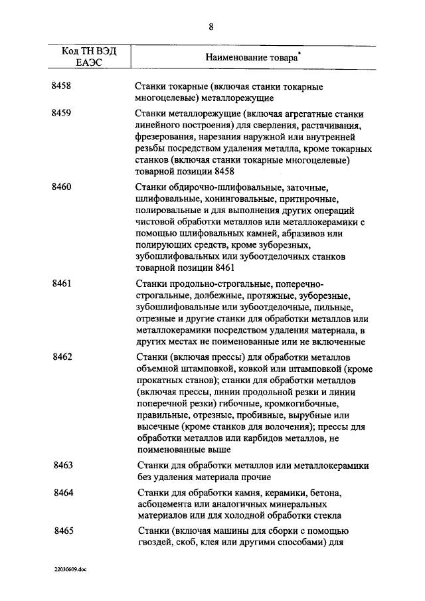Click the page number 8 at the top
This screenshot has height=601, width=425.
[x=211, y=27]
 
